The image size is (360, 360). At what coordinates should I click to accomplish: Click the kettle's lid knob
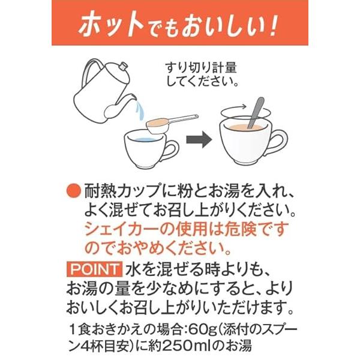[x=123, y=66]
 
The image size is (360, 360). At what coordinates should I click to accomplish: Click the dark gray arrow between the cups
[x=199, y=139]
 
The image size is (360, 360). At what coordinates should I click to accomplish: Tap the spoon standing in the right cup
[x=256, y=113]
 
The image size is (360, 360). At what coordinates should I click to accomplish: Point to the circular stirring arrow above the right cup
[x=245, y=113]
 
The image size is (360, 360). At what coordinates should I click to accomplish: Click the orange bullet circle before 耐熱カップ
[x=74, y=191]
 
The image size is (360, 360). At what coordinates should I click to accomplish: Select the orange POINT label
[x=94, y=269]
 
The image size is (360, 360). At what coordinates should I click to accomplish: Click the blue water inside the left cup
[x=145, y=139]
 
